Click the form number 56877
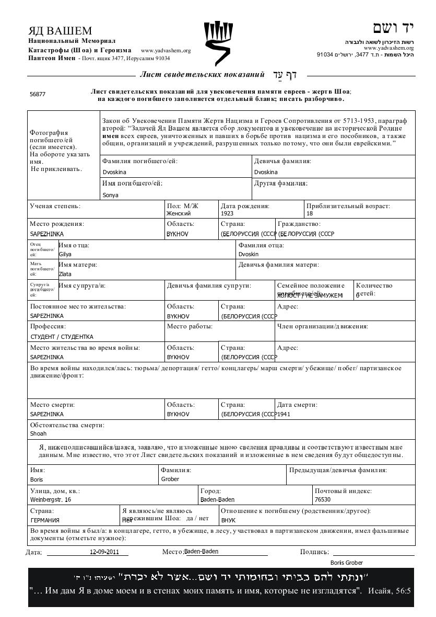38,94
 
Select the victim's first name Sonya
111,195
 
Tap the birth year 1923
227,213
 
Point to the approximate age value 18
310,213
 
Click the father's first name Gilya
65,254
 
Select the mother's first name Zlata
65,274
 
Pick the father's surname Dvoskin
249,254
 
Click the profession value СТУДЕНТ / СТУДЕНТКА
62,337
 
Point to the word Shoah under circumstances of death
38,433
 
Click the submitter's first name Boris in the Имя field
37,479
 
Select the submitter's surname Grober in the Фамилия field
170,479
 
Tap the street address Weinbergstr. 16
51,499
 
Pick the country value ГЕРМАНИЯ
45,520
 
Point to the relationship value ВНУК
228,520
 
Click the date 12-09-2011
104,552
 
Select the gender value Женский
179,213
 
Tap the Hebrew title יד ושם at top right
393,28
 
